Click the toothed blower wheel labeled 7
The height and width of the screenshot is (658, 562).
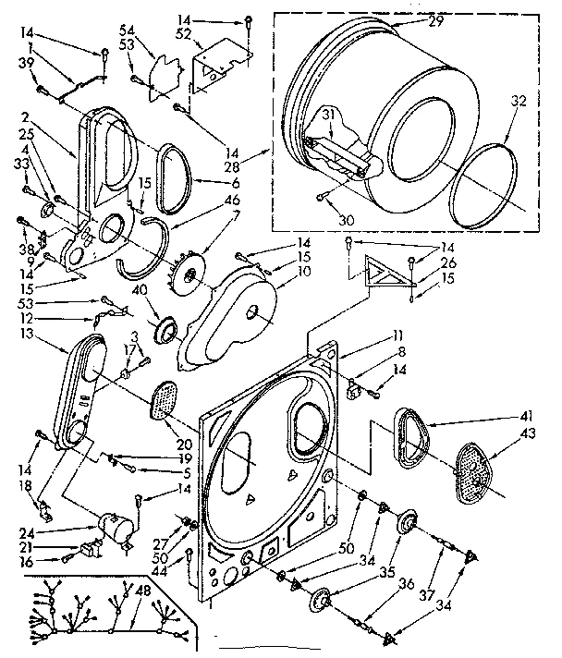click(190, 276)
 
